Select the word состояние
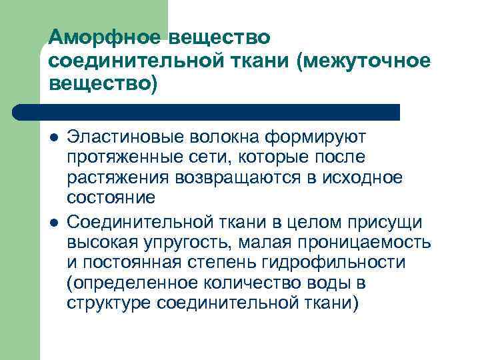coord(111,197)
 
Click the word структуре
coord(109,303)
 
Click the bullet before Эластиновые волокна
coord(53,138)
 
